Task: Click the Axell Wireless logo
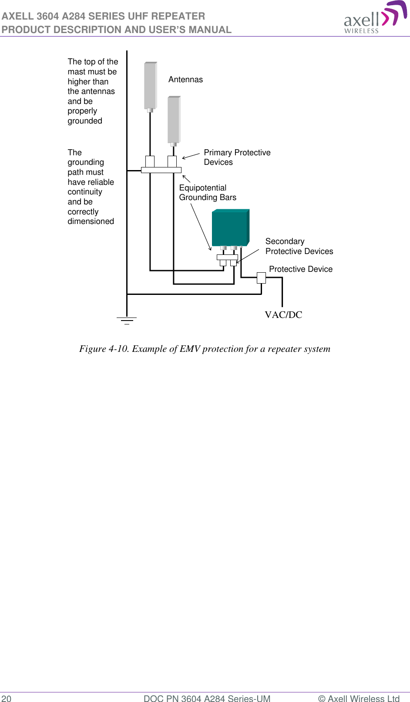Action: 374,18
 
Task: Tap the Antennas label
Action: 185,80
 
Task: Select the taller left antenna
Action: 150,86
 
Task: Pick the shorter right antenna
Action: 174,120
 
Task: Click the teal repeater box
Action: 230,228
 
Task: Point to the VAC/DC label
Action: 283,315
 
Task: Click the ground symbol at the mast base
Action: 127,321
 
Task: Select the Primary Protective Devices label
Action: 237,157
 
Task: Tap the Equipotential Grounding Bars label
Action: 207,193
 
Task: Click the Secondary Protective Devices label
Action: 299,246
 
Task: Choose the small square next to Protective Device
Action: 261,277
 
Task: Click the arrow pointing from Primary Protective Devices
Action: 191,156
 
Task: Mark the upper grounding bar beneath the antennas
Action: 161,170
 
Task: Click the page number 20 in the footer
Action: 7,699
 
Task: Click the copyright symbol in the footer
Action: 322,699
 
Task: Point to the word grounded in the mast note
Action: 85,121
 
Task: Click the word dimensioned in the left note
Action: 91,221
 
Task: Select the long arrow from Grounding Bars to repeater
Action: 201,227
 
